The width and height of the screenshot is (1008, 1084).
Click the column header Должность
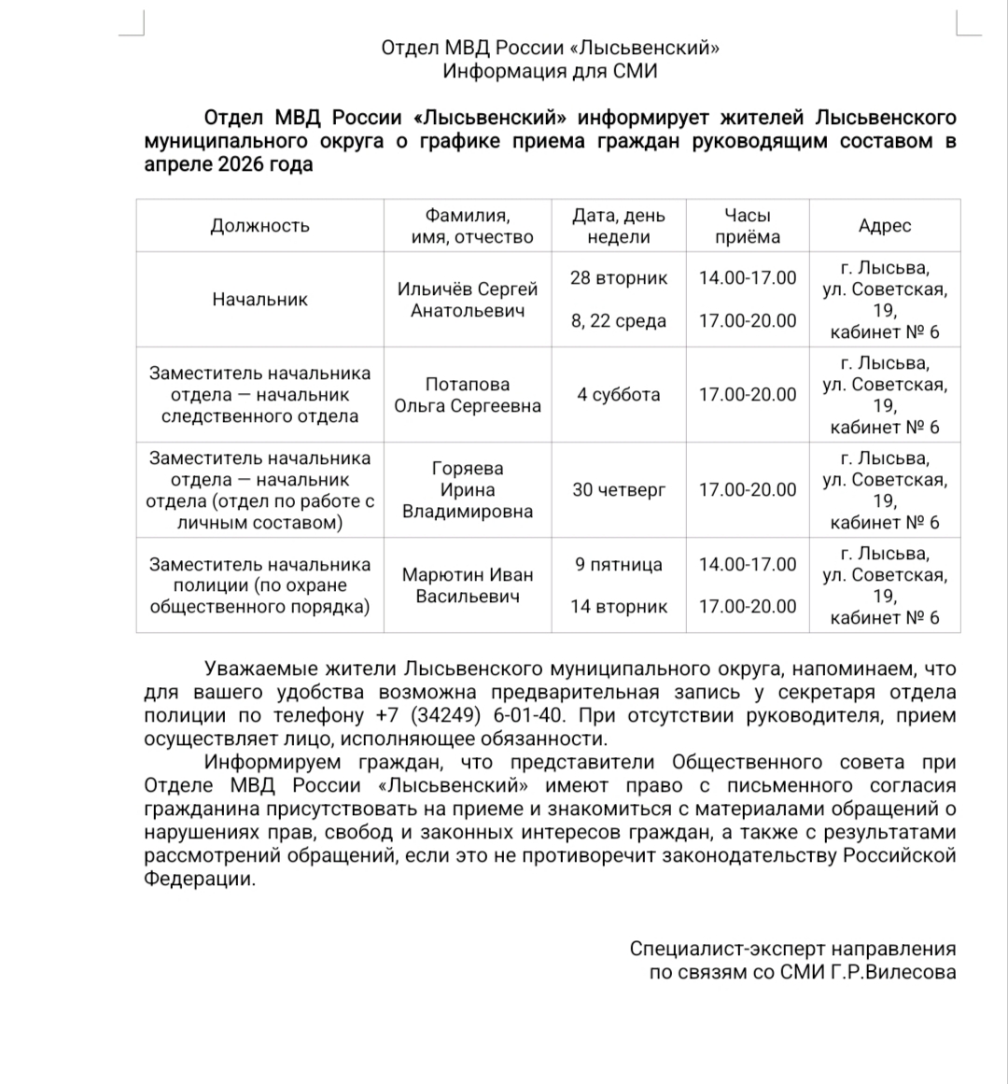259,225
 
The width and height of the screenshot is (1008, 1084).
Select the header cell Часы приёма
748,225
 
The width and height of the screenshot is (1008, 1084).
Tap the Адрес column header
884,225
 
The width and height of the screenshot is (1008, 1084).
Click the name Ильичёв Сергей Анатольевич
468,300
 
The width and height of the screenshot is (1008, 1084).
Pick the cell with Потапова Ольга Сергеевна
468,395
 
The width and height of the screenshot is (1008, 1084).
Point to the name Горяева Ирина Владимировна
468,490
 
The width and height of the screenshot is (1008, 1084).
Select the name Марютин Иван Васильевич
468,585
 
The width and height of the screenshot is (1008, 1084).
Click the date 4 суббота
618,395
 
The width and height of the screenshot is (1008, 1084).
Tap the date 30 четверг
619,490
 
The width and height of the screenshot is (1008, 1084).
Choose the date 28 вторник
619,278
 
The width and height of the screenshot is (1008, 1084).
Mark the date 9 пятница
619,565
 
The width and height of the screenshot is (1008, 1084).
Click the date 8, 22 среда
619,321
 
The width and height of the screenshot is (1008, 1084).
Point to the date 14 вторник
619,607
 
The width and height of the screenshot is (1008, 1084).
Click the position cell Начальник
259,300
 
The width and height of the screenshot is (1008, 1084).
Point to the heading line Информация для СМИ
550,72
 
